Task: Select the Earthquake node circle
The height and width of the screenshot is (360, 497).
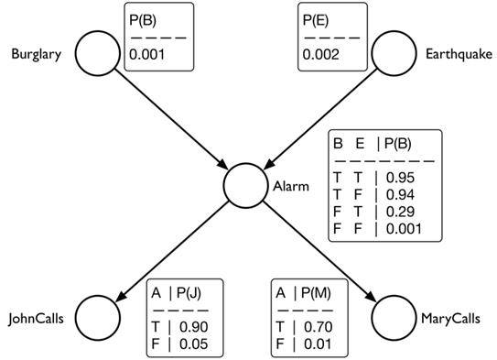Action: point(394,54)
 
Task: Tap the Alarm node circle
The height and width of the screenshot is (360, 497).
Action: point(244,186)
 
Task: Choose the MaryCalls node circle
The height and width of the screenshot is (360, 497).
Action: point(394,318)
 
